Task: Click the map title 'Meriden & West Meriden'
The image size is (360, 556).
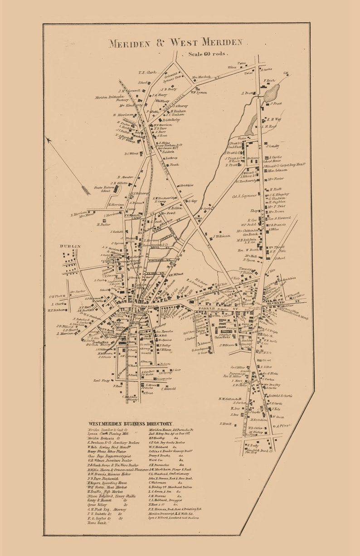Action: pyautogui.click(x=175, y=43)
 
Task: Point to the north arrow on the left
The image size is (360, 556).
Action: pyautogui.click(x=68, y=167)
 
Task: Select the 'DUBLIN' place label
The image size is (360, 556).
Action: pyautogui.click(x=70, y=246)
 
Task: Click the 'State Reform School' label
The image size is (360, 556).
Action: pyautogui.click(x=102, y=189)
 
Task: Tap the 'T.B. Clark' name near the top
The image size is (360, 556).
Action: pyautogui.click(x=147, y=73)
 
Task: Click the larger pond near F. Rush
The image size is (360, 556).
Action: pyautogui.click(x=272, y=94)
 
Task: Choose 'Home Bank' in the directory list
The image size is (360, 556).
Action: pyautogui.click(x=97, y=522)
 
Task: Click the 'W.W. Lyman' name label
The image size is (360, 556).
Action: pyautogui.click(x=199, y=92)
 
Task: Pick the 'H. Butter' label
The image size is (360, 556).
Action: pyautogui.click(x=103, y=224)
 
